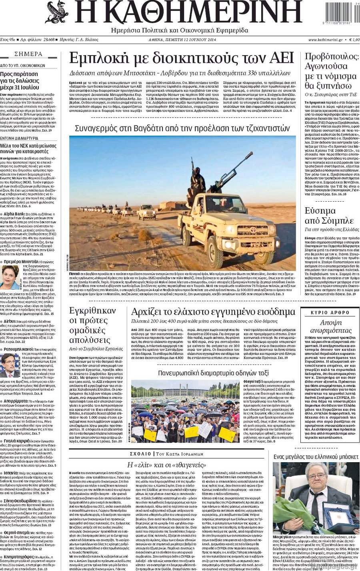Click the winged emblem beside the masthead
pyautogui.click(x=57, y=12)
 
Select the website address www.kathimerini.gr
pyautogui.click(x=325, y=40)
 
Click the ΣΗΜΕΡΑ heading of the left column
pyautogui.click(x=28, y=54)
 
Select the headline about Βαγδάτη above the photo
pyautogui.click(x=182, y=128)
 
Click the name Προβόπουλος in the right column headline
pyautogui.click(x=332, y=56)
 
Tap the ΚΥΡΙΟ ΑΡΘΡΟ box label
pyautogui.click(x=330, y=313)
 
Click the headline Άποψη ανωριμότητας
pyautogui.click(x=330, y=326)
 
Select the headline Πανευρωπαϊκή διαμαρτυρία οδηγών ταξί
pyautogui.click(x=214, y=373)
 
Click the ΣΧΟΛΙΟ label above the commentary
pyautogui.click(x=140, y=454)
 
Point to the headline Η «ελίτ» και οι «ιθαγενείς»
pyautogui.click(x=166, y=465)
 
